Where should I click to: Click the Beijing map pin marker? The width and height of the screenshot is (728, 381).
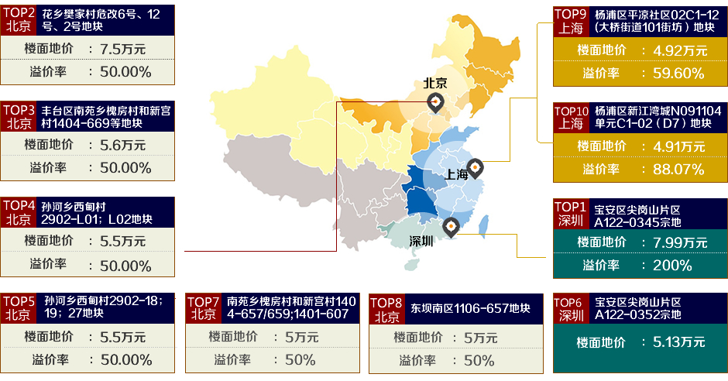[437, 101]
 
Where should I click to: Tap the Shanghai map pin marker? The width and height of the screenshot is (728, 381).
[475, 166]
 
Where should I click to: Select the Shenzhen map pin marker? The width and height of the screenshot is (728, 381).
[451, 225]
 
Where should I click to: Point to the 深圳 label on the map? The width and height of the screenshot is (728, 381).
[422, 242]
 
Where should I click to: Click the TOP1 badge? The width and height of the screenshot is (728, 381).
[571, 214]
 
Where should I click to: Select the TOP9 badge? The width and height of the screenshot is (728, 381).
[571, 21]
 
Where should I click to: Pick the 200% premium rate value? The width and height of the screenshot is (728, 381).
[672, 266]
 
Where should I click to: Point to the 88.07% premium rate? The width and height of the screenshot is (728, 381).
[678, 169]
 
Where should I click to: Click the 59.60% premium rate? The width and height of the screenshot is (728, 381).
[678, 74]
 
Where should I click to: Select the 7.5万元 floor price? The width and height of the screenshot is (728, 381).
[122, 49]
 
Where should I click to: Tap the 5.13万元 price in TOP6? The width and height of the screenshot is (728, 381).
[678, 342]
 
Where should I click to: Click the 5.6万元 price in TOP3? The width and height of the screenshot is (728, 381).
[122, 144]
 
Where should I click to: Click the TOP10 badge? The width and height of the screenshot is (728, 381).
[571, 118]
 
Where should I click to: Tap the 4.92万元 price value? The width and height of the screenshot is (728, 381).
[680, 50]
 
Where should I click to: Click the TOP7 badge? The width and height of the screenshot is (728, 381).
[204, 308]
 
